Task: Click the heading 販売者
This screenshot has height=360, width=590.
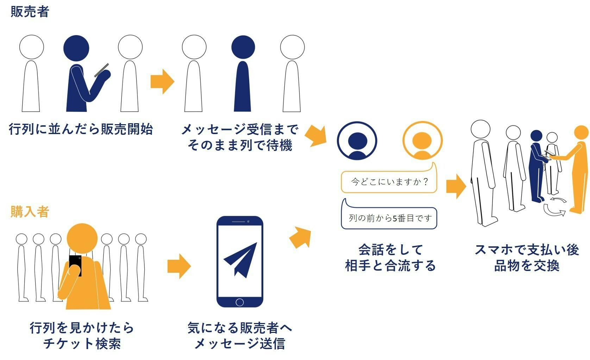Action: tap(30, 12)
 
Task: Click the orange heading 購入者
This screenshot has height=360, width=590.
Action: tap(30, 212)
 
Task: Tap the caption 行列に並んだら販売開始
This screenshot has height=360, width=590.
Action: tap(81, 129)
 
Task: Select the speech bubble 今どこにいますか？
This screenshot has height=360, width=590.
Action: tap(389, 182)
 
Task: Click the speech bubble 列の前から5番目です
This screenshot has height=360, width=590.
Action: tap(389, 218)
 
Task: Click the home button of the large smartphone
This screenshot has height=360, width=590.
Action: tap(240, 302)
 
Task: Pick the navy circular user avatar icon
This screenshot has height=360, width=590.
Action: tap(357, 141)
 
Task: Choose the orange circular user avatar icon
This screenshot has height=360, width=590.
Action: tap(422, 141)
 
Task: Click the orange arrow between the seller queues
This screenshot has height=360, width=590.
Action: tap(162, 82)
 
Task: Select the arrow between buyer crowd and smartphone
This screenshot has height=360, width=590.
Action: tap(179, 266)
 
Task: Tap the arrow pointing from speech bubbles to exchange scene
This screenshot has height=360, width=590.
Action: tap(456, 186)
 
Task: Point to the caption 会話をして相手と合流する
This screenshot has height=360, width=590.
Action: tap(390, 258)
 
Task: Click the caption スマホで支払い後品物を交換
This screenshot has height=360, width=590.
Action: tap(527, 258)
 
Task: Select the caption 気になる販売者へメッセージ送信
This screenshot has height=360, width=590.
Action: tap(240, 336)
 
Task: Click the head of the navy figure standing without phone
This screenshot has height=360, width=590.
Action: tap(243, 48)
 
